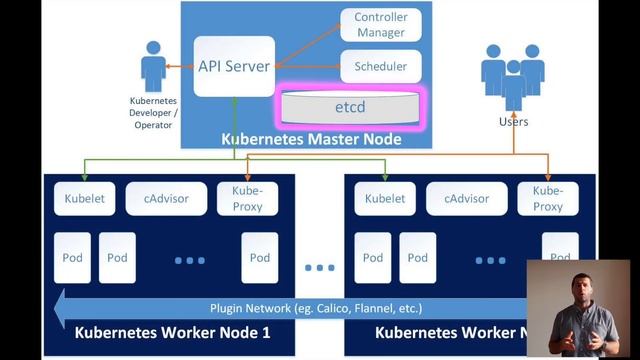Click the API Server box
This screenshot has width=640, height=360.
234,66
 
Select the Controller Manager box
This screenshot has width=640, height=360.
380,25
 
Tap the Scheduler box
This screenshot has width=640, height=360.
380,67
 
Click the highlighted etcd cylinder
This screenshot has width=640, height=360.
350,105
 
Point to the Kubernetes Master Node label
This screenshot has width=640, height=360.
311,139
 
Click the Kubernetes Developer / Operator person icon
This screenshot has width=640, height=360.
153,67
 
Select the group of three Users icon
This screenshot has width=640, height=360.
513,75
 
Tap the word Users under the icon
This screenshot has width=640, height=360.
513,122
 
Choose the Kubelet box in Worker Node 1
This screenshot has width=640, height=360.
84,198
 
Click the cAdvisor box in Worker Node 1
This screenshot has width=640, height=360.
165,198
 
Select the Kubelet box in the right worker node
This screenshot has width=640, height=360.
384,198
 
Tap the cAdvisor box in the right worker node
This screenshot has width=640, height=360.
466,198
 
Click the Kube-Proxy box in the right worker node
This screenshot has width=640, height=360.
547,198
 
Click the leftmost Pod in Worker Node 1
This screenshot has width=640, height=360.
72,257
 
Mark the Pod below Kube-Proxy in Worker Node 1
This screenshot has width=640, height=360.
260,257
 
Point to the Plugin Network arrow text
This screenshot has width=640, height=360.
315,308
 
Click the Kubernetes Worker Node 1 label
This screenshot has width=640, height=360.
172,332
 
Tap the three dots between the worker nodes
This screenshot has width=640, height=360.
320,267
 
